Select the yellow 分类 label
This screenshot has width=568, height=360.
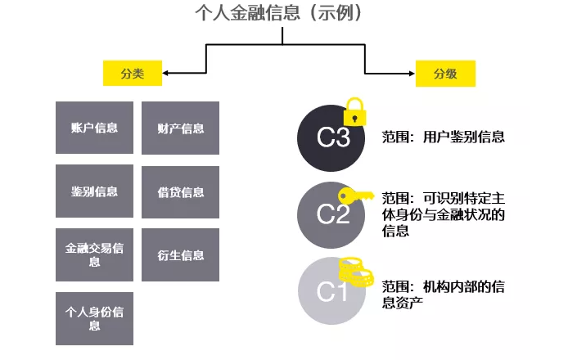click(131, 73)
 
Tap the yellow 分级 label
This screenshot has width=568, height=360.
click(445, 73)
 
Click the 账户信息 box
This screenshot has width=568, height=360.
click(94, 128)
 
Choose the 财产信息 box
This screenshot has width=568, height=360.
click(181, 128)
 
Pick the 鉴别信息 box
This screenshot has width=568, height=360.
click(94, 191)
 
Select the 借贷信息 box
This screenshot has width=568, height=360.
click(181, 192)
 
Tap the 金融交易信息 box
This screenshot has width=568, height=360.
click(94, 254)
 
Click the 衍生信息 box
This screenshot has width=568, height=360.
click(181, 254)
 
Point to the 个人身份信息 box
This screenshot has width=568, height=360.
click(94, 317)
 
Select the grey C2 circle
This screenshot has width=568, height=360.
click(332, 214)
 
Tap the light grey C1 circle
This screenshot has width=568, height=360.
click(332, 290)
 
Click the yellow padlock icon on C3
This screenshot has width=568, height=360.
click(354, 110)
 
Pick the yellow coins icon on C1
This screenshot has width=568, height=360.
click(358, 271)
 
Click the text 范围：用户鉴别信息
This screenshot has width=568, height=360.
click(443, 137)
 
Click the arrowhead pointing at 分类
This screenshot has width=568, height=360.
click(166, 73)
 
